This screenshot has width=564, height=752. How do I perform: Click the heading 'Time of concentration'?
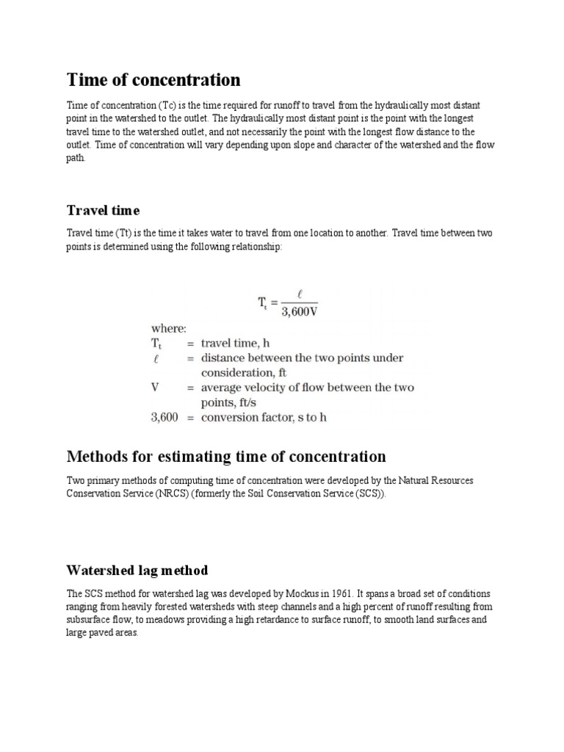pyautogui.click(x=153, y=79)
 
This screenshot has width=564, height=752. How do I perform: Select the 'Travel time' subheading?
pyautogui.click(x=103, y=211)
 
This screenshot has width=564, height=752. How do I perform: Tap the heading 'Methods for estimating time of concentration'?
pyautogui.click(x=226, y=457)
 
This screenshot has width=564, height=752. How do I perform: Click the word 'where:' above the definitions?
pyautogui.click(x=168, y=328)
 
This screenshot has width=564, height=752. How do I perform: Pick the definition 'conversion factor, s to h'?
pyautogui.click(x=264, y=417)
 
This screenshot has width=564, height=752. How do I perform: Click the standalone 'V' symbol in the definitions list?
pyautogui.click(x=155, y=387)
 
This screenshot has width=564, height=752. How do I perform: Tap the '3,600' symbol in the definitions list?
pyautogui.click(x=164, y=417)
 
